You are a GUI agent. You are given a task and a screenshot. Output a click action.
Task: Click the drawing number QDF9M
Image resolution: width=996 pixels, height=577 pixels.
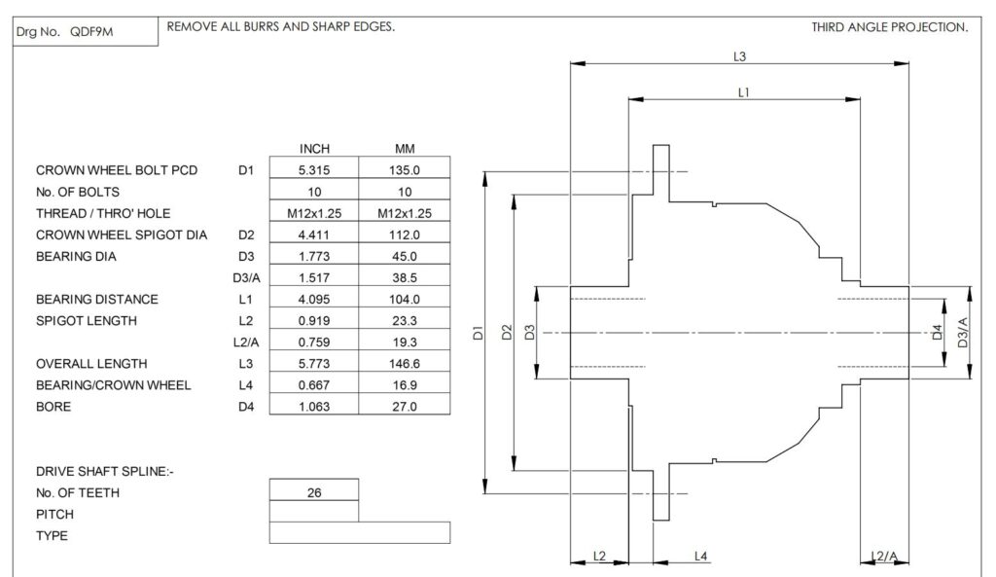pyautogui.click(x=91, y=32)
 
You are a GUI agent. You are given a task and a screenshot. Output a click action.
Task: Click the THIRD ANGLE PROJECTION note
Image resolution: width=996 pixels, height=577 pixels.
pyautogui.click(x=890, y=27)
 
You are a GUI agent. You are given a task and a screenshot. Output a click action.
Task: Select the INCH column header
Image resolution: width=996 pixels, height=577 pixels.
pyautogui.click(x=314, y=149)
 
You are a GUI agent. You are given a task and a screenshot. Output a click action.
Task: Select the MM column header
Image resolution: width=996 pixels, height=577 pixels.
pyautogui.click(x=405, y=149)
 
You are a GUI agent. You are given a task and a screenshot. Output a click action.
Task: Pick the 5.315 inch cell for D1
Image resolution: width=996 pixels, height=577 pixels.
pyautogui.click(x=314, y=170)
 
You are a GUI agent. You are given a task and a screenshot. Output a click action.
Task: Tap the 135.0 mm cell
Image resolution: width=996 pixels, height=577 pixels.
pyautogui.click(x=405, y=170)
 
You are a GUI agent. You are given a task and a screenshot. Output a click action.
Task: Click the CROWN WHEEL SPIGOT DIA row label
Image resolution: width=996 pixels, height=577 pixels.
pyautogui.click(x=122, y=235)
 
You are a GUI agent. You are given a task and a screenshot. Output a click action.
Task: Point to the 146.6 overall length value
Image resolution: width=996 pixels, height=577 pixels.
pyautogui.click(x=405, y=364)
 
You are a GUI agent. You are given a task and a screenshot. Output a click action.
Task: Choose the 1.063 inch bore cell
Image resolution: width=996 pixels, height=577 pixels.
pyautogui.click(x=314, y=407)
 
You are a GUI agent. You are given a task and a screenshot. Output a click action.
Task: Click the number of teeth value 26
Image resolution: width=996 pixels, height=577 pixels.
pyautogui.click(x=314, y=492)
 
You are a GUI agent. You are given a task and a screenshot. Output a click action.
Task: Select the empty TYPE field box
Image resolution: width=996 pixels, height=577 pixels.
pyautogui.click(x=360, y=532)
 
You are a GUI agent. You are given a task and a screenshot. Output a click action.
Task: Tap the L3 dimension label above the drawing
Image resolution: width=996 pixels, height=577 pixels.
pyautogui.click(x=739, y=56)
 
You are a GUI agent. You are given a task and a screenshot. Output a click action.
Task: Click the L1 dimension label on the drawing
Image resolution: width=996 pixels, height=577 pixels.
pyautogui.click(x=744, y=92)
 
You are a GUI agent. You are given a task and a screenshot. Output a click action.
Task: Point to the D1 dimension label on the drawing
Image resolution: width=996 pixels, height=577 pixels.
pyautogui.click(x=479, y=333)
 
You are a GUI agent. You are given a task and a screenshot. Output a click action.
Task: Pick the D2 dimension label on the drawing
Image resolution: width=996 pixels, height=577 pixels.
pyautogui.click(x=506, y=333)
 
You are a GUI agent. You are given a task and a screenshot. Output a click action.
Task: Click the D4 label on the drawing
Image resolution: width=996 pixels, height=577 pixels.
pyautogui.click(x=937, y=332)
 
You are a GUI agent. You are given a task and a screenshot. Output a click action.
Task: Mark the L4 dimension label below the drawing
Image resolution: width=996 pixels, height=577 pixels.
pyautogui.click(x=700, y=557)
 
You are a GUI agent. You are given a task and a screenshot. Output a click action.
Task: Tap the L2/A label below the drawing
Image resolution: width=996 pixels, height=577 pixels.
pyautogui.click(x=884, y=557)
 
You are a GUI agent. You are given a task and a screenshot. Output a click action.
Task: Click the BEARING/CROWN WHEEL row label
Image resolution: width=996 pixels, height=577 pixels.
pyautogui.click(x=113, y=385)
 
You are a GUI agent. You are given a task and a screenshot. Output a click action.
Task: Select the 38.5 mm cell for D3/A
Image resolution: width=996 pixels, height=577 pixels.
pyautogui.click(x=405, y=277)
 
